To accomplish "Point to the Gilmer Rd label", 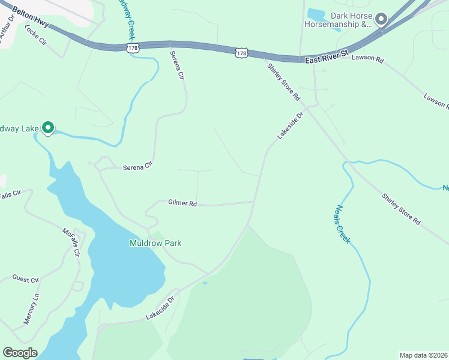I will pyautogui.click(x=182, y=204).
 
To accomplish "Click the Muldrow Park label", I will pyautogui.click(x=155, y=243).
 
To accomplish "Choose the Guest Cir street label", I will pyautogui.click(x=25, y=280).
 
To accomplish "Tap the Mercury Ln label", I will pyautogui.click(x=31, y=310).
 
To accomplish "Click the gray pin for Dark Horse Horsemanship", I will pyautogui.click(x=381, y=19).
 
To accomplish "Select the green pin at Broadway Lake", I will pyautogui.click(x=47, y=128).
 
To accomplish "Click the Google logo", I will pyautogui.click(x=20, y=353).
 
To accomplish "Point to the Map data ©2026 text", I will pyautogui.click(x=424, y=355).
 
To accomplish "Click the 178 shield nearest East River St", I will pyautogui.click(x=241, y=53).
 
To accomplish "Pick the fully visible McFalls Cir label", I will pyautogui.click(x=71, y=241).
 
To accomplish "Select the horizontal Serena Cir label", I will pyautogui.click(x=138, y=167).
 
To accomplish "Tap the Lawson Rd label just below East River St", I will pyautogui.click(x=367, y=58).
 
